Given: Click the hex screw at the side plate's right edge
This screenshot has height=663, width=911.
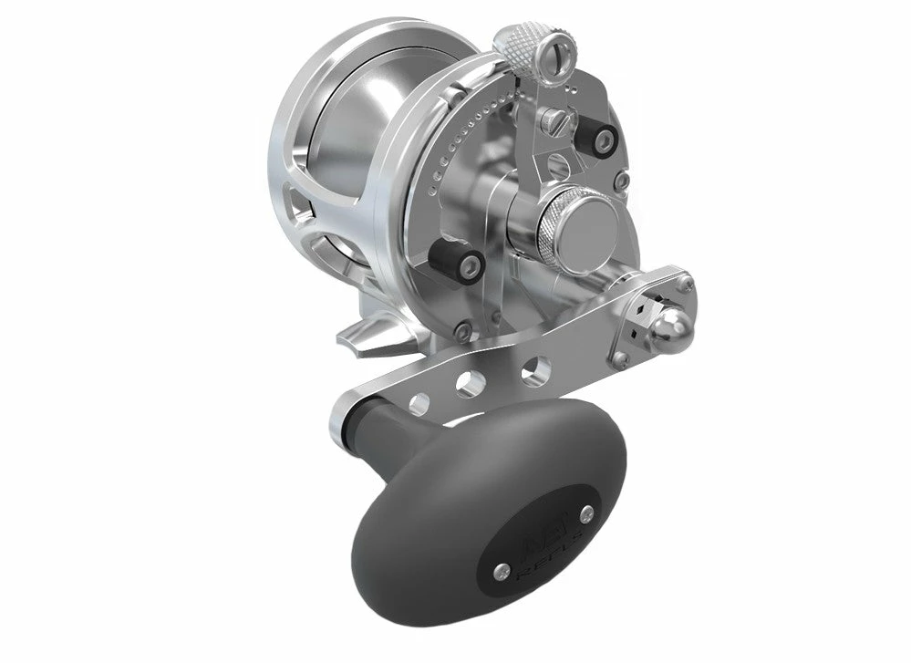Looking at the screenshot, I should [621, 181].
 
